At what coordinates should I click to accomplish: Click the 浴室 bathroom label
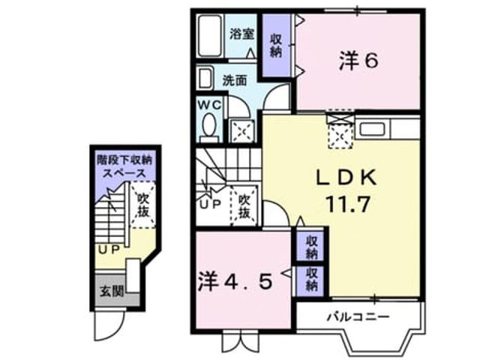coord(241,34)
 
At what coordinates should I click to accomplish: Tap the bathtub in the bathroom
coord(210,35)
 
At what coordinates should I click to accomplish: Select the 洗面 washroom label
coord(235,81)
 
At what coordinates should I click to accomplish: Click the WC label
coord(209,105)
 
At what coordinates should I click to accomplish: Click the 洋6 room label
coord(358,61)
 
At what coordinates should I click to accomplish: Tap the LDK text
coord(346,178)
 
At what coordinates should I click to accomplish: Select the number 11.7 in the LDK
coord(348,204)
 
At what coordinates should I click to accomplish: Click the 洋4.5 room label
coord(235,282)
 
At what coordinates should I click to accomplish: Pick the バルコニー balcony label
coord(358,316)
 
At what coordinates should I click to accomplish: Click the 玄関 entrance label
coord(112,291)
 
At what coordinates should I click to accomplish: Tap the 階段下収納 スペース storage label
coord(124,166)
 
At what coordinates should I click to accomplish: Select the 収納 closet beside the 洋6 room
coord(276,45)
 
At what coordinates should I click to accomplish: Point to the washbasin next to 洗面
coord(205,79)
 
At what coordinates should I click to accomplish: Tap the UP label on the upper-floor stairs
coord(211,204)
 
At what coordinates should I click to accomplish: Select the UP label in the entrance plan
coord(109,250)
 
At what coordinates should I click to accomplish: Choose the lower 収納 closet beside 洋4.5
coord(311,279)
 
